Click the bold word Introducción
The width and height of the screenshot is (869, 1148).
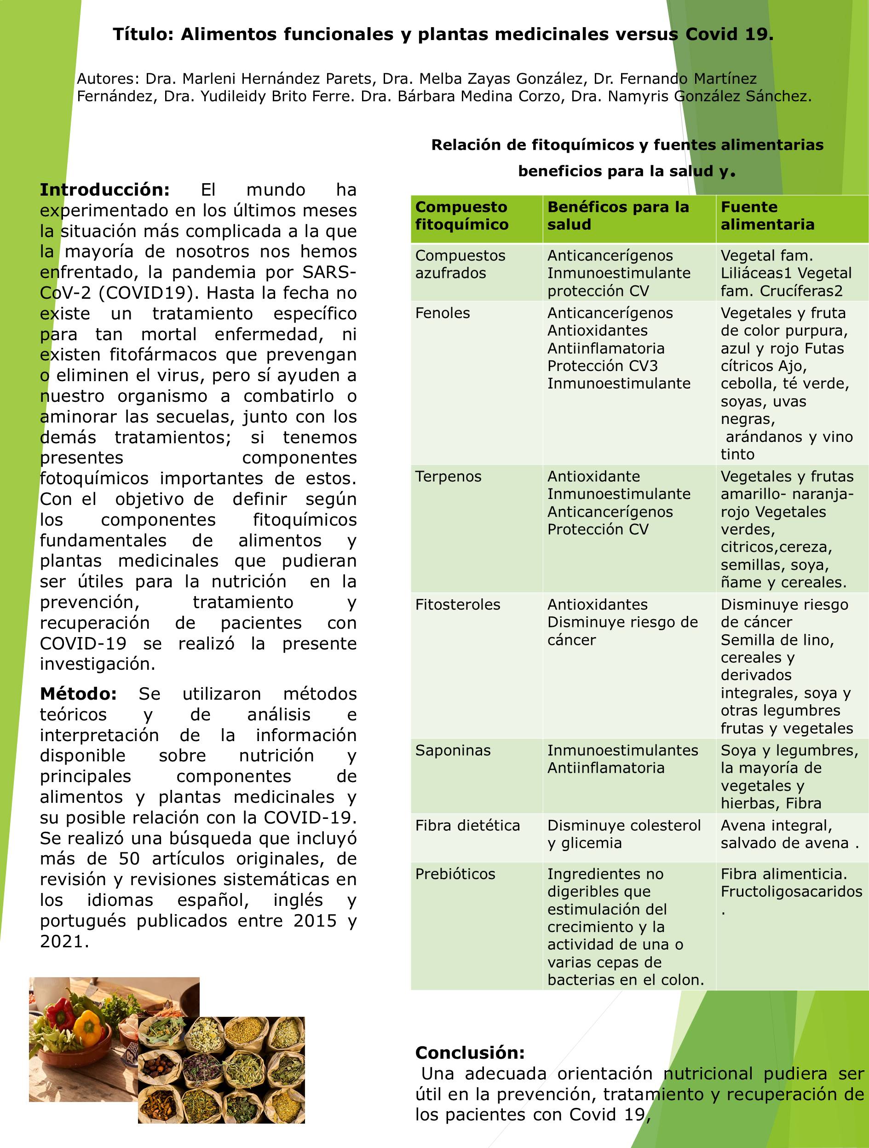[105, 190]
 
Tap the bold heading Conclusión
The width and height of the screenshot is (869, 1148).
[470, 1053]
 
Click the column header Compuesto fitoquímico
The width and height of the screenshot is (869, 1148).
[461, 216]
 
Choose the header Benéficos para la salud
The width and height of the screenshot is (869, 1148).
[618, 216]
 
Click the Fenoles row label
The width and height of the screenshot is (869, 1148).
[443, 313]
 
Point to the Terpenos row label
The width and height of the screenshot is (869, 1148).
[448, 476]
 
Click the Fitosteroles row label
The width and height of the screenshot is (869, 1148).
[458, 605]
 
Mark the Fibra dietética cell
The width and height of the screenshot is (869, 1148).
[467, 825]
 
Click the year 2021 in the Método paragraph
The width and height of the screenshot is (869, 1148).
[62, 941]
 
